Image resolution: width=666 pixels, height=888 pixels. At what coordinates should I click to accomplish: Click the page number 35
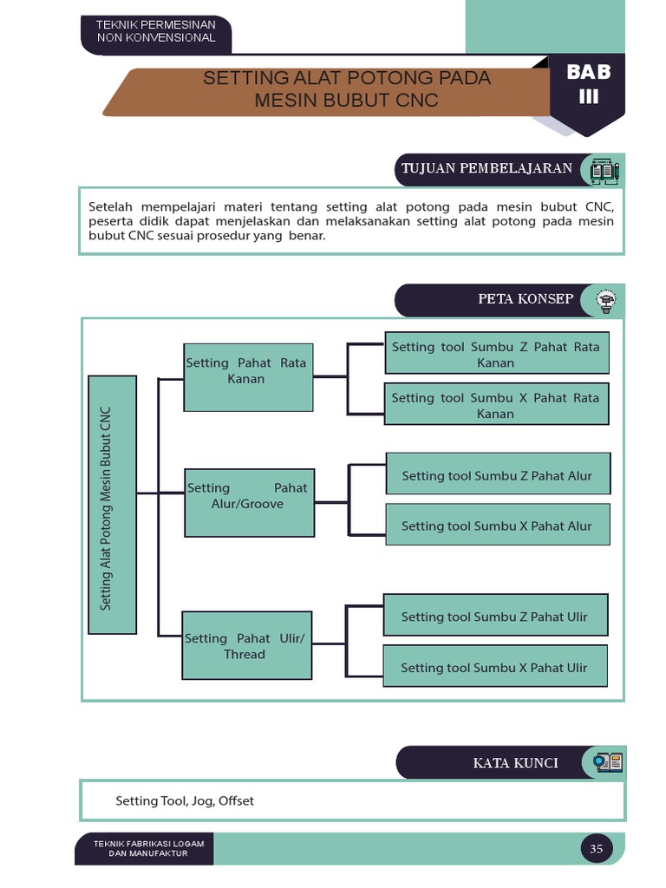[x=596, y=849]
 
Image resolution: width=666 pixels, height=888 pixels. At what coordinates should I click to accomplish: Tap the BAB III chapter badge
[x=589, y=85]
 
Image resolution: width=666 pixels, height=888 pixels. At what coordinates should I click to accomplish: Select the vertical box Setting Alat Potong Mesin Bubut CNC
[x=113, y=505]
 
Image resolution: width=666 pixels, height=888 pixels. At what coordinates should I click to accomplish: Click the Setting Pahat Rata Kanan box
[x=247, y=376]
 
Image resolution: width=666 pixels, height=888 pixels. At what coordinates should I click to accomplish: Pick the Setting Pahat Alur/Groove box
[x=249, y=502]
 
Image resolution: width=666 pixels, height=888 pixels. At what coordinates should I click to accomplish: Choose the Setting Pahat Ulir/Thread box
[x=246, y=645]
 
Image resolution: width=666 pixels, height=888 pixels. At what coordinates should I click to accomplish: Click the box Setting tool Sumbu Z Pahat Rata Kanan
[x=496, y=354]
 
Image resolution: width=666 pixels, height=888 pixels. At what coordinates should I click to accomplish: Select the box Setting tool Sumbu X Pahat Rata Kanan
[x=496, y=405]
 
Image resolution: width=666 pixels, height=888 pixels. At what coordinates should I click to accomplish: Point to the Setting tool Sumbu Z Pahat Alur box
[x=497, y=475]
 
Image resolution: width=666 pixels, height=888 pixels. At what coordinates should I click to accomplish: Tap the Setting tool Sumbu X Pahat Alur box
[x=497, y=525]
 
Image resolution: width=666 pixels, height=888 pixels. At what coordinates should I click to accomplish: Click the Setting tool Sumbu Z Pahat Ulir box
[x=494, y=616]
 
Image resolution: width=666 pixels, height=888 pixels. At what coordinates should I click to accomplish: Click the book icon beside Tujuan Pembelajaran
[x=604, y=169]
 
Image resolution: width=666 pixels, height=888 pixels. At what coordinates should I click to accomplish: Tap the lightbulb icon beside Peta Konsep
[x=605, y=300]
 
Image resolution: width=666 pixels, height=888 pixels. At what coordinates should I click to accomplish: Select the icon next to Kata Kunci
[x=607, y=763]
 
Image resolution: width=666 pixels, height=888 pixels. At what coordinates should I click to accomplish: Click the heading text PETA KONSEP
[x=526, y=299]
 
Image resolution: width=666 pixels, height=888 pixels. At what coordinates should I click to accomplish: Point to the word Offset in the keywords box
[x=236, y=801]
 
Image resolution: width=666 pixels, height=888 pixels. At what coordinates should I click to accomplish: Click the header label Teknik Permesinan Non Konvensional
[x=156, y=32]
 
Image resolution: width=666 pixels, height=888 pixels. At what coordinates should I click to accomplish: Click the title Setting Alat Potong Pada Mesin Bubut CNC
[x=347, y=89]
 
